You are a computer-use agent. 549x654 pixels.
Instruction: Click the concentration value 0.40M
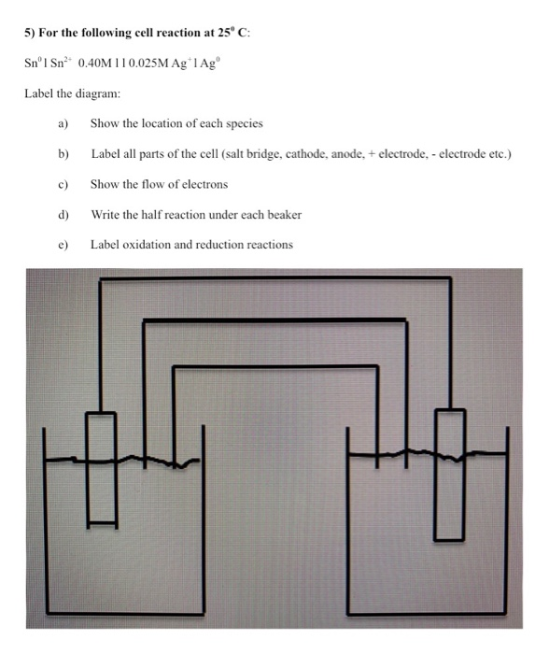99,64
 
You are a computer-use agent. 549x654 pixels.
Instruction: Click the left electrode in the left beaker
101,467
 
